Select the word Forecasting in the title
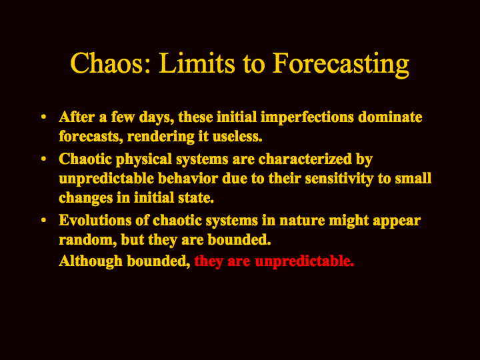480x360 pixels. click(341, 65)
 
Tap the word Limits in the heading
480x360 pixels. click(197, 63)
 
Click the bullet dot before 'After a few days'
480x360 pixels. click(43, 117)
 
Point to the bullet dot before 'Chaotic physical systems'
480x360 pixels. click(43, 159)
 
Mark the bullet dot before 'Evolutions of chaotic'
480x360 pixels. click(43, 220)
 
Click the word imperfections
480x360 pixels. click(307, 118)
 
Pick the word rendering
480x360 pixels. click(161, 137)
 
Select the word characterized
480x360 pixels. click(305, 159)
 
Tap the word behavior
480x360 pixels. click(188, 179)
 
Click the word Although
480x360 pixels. click(91, 262)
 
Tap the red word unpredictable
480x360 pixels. click(304, 262)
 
